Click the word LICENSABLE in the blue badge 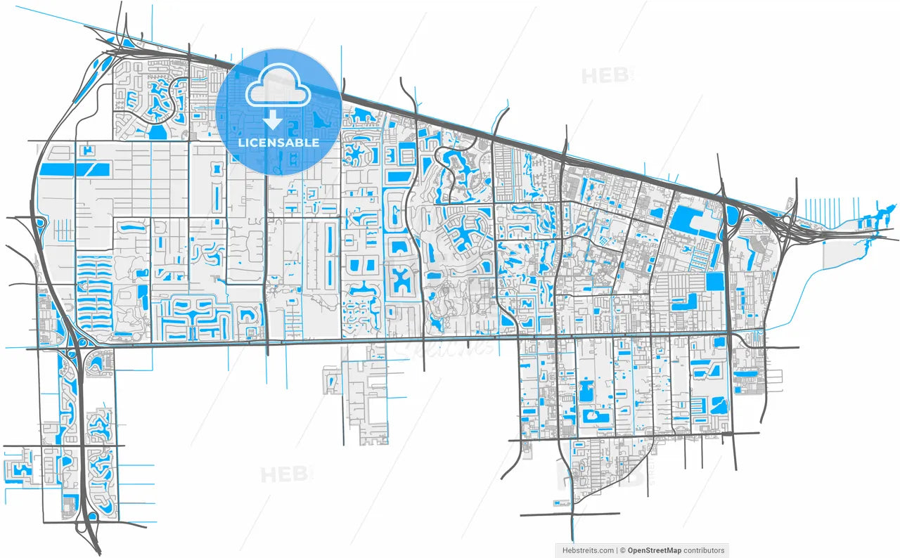(278, 143)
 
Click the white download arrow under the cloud (273, 121)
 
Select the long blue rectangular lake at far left (67, 169)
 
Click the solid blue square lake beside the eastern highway (714, 282)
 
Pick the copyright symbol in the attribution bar (622, 551)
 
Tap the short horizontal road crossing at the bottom (570, 514)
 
